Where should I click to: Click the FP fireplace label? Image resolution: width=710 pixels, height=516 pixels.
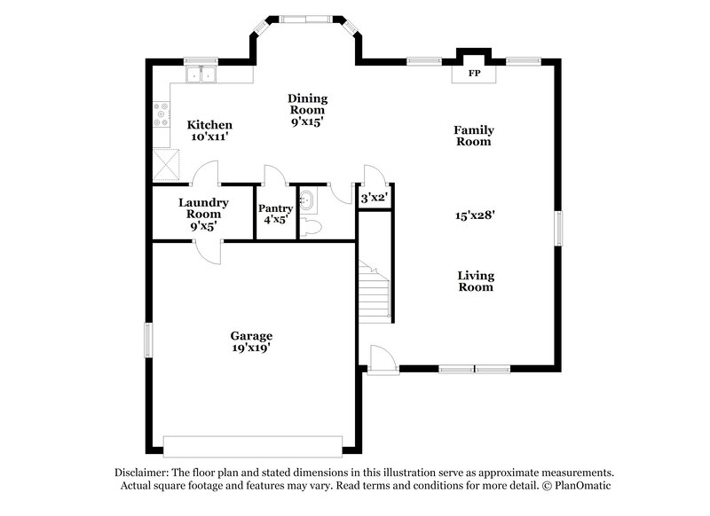[x=474, y=73]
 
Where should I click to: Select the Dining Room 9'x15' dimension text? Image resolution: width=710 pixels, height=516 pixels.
[x=308, y=122]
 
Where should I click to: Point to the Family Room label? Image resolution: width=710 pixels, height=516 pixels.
[x=474, y=136]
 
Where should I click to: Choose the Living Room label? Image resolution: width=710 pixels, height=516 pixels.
[x=476, y=281]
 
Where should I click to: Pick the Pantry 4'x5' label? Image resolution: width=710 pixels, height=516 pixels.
[x=275, y=215]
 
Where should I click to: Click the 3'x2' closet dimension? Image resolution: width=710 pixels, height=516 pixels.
[x=375, y=199]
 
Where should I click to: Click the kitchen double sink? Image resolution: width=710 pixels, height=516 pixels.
[x=202, y=75]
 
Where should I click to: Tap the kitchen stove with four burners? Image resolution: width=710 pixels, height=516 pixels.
[x=162, y=114]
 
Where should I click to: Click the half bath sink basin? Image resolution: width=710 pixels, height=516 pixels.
[x=305, y=199]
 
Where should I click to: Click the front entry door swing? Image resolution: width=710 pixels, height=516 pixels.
[x=379, y=358]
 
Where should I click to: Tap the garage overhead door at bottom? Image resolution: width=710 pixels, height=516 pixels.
[x=253, y=445]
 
